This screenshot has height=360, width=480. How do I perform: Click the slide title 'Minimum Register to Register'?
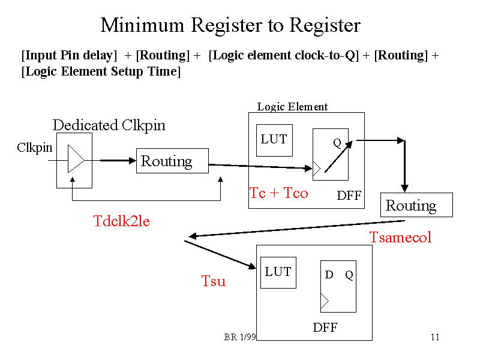230,25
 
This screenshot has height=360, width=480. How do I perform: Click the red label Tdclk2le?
121,221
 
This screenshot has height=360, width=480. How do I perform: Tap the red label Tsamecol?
400,237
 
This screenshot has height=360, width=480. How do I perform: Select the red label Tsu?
213,281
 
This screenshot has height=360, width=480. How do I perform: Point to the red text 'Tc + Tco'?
278,193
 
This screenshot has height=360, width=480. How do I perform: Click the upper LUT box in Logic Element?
274,140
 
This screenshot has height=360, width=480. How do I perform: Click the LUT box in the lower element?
278,272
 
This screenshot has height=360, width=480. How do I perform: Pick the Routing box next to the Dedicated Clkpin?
172,161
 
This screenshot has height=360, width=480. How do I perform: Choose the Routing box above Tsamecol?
416,205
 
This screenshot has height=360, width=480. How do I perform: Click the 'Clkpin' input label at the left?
34,148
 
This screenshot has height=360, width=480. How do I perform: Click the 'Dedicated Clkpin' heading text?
109,125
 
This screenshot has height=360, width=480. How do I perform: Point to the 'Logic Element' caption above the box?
292,107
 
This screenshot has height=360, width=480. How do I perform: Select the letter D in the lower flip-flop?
329,275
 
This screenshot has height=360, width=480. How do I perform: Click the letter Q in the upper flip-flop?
337,143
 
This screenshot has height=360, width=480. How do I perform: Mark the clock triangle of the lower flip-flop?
325,302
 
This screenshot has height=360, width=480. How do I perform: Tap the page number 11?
435,337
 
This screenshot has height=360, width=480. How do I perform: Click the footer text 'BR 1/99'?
240,337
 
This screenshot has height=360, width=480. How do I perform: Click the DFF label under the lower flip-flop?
325,328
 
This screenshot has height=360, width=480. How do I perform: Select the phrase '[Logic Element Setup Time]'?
101,71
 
